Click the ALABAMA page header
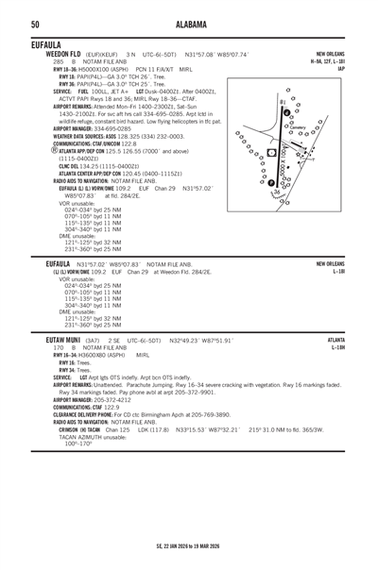pyautogui.click(x=189, y=25)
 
